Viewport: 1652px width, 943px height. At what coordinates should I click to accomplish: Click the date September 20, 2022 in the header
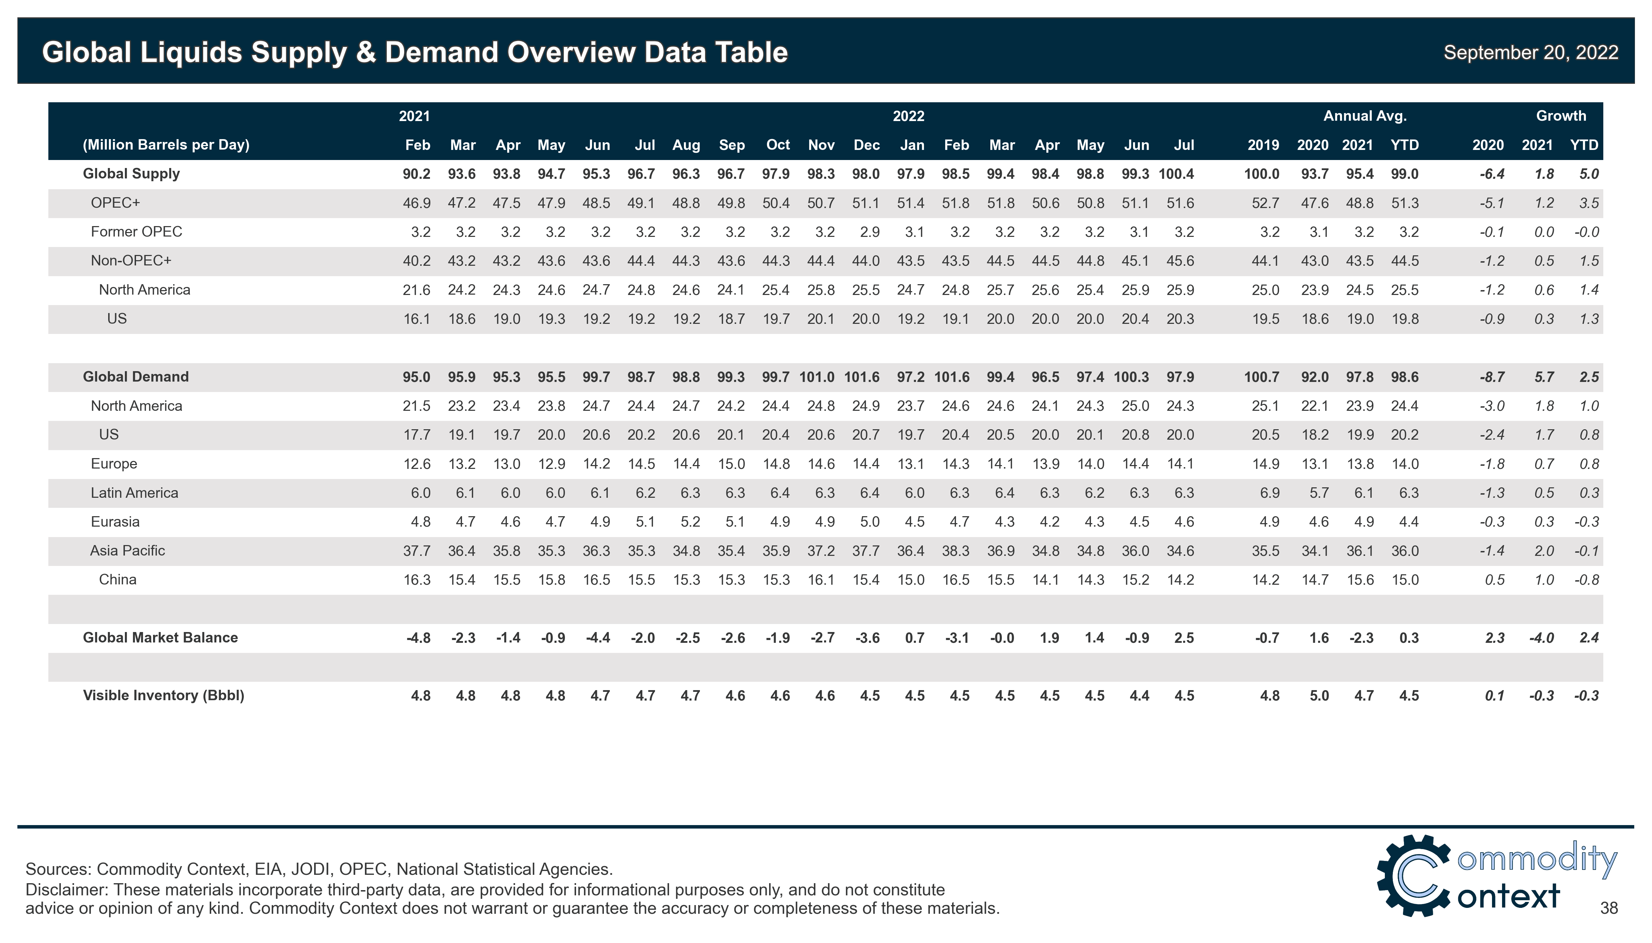coord(1530,53)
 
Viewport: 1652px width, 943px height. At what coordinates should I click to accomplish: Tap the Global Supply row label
coord(131,174)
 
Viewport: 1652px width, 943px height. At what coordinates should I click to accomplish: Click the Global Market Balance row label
coord(160,638)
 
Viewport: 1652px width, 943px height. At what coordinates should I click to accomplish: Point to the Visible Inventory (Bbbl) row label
coord(163,696)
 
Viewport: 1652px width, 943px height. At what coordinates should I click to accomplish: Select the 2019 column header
coord(1263,145)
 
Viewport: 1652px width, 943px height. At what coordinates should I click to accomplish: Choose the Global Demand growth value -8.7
coord(1491,377)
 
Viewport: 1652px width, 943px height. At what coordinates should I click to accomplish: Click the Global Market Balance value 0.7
coord(915,638)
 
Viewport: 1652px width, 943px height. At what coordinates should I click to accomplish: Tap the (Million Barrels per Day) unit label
coord(166,145)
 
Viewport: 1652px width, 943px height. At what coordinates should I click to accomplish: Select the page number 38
coord(1609,908)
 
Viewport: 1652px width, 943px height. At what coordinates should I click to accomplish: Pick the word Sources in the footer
coord(56,869)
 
